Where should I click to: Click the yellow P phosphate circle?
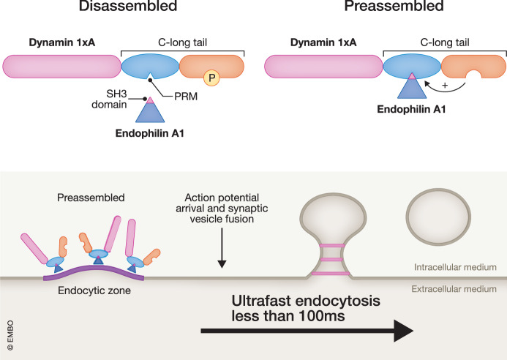point(211,78)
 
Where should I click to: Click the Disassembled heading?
point(128,6)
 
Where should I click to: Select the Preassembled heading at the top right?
point(394,6)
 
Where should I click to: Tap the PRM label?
point(186,97)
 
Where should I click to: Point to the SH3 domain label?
point(109,99)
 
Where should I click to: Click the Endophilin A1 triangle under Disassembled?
point(150,110)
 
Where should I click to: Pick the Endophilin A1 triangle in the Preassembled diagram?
point(412,86)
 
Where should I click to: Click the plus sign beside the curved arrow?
point(445,86)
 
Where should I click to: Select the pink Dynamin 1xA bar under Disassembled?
point(61,67)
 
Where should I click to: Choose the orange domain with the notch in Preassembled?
point(473,66)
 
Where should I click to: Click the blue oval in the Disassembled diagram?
point(150,67)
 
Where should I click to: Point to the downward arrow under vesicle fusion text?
point(222,248)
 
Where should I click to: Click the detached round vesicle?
point(438,217)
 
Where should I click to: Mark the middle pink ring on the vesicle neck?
point(331,260)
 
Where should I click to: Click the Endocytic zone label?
point(94,290)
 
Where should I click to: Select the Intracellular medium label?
point(455,267)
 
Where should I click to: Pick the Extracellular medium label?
point(454,289)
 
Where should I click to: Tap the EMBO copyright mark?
point(10,335)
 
